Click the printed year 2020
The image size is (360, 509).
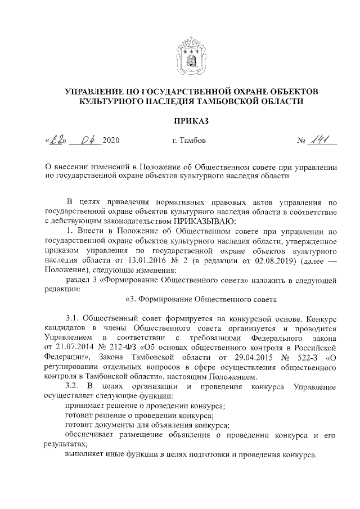click(x=111, y=140)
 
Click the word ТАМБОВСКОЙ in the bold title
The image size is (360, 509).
click(x=223, y=102)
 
